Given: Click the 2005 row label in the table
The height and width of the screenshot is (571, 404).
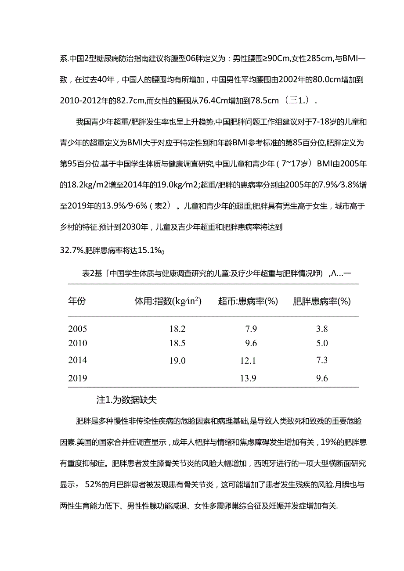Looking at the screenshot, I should coord(78,329).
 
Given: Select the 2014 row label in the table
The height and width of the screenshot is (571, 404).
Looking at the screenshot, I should coord(78,360).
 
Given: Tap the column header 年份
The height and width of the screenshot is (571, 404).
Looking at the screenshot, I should coord(77,301).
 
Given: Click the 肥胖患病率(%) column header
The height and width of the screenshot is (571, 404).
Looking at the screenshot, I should coord(322,301).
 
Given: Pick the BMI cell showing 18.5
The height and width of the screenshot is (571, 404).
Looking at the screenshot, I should coord(177,343).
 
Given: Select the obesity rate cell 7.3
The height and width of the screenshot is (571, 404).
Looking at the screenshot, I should coord(322,360).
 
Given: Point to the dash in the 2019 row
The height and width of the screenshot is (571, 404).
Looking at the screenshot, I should coord(179,378).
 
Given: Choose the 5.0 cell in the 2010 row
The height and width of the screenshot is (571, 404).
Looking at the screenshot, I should coord(322,343).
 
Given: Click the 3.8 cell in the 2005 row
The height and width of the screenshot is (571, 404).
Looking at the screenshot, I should coord(322,329).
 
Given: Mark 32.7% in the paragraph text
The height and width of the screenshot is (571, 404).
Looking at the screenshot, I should coord(72,251).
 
